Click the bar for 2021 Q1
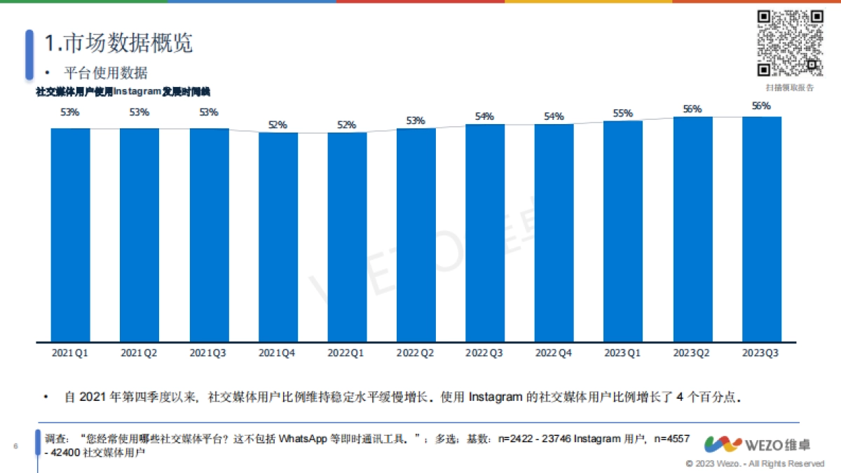[x=70, y=235]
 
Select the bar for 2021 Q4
[x=278, y=238]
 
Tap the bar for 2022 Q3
[x=485, y=233]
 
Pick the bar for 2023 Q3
[x=762, y=230]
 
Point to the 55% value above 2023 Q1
[x=623, y=114]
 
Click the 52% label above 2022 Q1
[x=347, y=125]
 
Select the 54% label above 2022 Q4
[x=554, y=116]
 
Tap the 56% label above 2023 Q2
[x=692, y=109]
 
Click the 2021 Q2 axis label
[x=139, y=353]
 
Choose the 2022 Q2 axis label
[x=416, y=353]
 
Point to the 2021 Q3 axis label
[x=208, y=353]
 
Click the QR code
[x=790, y=43]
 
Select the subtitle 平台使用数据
[x=106, y=73]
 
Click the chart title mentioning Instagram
[x=123, y=91]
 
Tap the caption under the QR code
[x=790, y=88]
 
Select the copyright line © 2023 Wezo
[x=755, y=464]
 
